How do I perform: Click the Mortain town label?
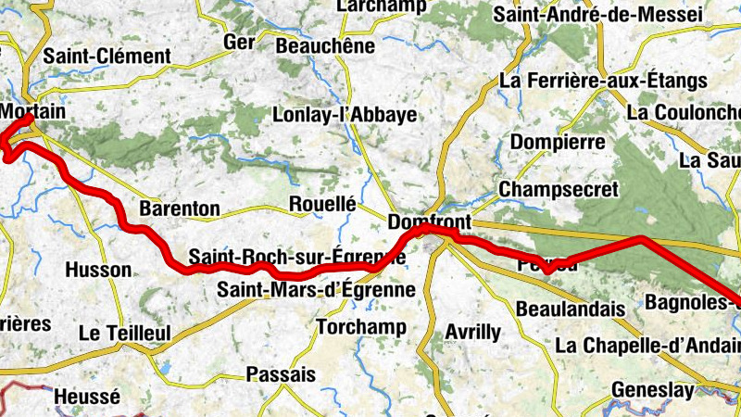click(33, 111)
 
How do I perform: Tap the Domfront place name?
click(430, 222)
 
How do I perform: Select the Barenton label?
click(179, 208)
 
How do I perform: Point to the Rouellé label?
click(322, 204)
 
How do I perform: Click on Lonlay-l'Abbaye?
click(345, 116)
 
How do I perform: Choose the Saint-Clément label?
click(107, 57)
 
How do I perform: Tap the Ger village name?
click(239, 43)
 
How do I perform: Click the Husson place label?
click(99, 270)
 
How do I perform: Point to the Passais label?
click(282, 374)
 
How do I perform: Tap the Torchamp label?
click(361, 327)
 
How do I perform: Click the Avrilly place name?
click(472, 331)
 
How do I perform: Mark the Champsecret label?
click(559, 189)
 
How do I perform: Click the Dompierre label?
click(558, 143)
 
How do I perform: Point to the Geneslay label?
click(652, 390)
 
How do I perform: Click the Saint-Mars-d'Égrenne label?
click(316, 289)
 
